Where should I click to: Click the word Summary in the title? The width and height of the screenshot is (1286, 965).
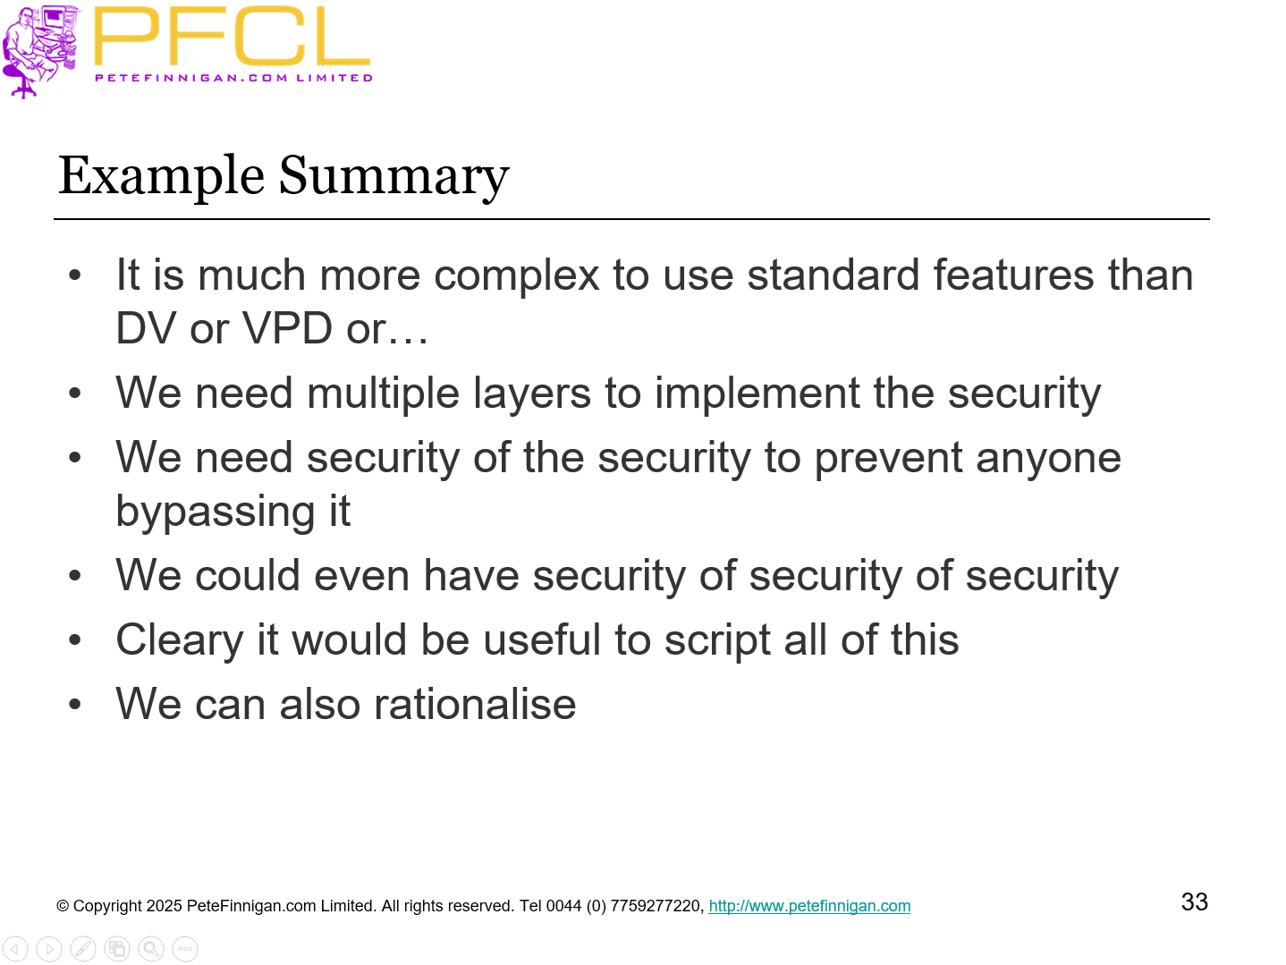coord(393,176)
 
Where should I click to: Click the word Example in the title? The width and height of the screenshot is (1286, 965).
coord(161,176)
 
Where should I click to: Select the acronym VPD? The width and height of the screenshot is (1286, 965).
coord(288,328)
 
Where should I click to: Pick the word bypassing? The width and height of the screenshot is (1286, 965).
coord(215,512)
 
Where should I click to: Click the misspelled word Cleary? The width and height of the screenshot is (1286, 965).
coord(180,641)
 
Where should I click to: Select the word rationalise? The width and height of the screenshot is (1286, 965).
coord(475,705)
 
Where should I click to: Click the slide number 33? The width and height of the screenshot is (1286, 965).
coord(1194,902)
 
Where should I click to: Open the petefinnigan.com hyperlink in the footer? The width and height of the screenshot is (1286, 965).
coord(809,906)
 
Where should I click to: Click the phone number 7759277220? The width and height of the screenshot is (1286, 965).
coord(657,906)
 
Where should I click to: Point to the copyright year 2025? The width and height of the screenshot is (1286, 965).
coord(164,906)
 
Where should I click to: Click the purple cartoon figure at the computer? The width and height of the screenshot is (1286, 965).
coord(40,49)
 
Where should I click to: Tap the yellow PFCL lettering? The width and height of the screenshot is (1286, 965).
coord(231,38)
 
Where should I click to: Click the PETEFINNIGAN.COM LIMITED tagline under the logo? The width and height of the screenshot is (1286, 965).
coord(233,78)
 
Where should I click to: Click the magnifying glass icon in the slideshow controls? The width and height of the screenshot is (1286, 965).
coord(151,948)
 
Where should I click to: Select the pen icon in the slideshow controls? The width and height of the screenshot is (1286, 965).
coord(83,948)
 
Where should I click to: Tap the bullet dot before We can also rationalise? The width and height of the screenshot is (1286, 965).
coord(75,705)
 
